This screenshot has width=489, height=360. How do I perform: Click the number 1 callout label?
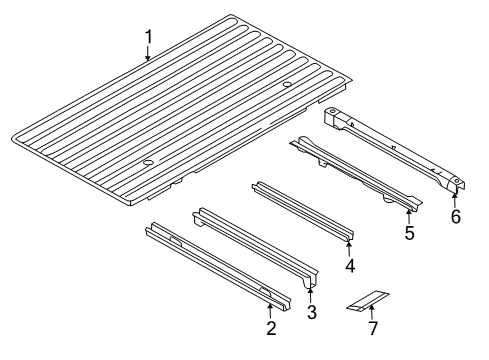click(148, 38)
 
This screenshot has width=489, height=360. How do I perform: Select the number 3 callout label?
click(311, 313)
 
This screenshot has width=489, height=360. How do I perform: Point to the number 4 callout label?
click(350, 266)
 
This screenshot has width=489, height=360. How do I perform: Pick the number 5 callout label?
click(407, 233)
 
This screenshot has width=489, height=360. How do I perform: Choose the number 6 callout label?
click(457, 215)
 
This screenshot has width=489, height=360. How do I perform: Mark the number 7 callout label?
click(373, 329)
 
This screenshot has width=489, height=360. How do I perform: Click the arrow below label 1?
click(148, 55)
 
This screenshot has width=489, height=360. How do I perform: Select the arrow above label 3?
click(310, 294)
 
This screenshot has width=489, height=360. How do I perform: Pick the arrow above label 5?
click(407, 214)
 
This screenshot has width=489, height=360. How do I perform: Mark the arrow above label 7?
click(372, 311)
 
